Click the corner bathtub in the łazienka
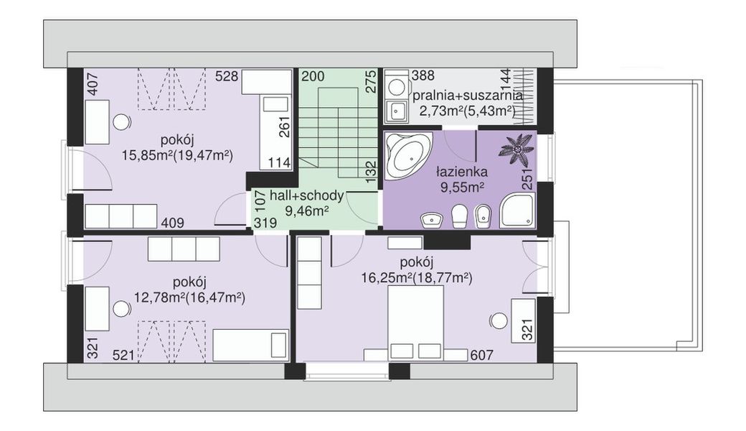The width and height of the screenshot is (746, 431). [x=407, y=155]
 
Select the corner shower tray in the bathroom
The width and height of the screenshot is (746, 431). [x=516, y=210]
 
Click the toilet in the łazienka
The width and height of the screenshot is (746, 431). [x=458, y=215]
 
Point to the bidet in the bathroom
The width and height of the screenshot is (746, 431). [x=483, y=217]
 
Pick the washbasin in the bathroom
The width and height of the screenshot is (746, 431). [x=432, y=220]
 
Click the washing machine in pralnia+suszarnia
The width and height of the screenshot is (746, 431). [x=395, y=86]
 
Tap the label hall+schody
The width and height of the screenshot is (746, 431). [x=306, y=195]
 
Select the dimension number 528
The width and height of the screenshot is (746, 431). [x=227, y=76]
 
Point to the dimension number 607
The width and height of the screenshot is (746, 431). [x=481, y=355]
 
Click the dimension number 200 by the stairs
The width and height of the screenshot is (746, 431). [x=313, y=76]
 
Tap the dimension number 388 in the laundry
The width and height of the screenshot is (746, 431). [x=423, y=75]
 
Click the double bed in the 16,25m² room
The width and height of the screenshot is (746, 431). [x=416, y=324]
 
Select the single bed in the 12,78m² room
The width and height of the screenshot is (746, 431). [x=250, y=345]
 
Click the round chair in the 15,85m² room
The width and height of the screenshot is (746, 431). [x=122, y=122]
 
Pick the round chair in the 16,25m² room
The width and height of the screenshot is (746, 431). [x=499, y=320]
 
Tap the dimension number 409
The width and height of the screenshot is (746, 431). [x=172, y=223]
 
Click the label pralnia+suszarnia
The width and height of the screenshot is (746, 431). [x=467, y=96]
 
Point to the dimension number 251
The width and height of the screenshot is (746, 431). [x=527, y=179]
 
